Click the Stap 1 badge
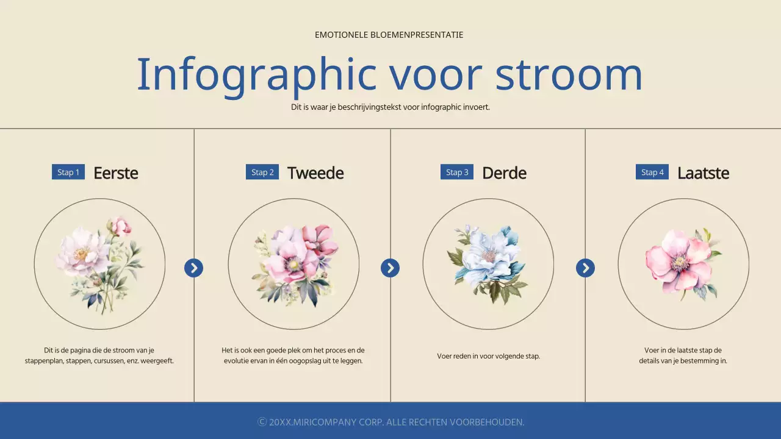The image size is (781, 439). [x=68, y=172]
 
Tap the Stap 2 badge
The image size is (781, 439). [x=262, y=172]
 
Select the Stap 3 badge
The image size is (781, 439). [x=457, y=172]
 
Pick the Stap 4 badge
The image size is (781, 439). [x=652, y=172]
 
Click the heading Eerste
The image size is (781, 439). [x=116, y=173]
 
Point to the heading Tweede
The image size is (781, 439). [x=315, y=173]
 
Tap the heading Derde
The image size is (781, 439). [x=504, y=173]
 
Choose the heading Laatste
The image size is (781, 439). [x=703, y=173]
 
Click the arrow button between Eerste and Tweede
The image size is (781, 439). [x=193, y=268]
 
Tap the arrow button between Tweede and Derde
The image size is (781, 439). [x=390, y=268]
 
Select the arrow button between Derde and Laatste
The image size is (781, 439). [x=585, y=268]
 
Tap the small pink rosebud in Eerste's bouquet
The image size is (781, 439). [x=121, y=226]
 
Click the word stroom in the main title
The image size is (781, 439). [x=569, y=74]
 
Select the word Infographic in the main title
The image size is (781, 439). [x=256, y=74]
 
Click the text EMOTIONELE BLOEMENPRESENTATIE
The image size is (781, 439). [x=389, y=35]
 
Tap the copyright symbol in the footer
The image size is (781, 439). [x=262, y=422]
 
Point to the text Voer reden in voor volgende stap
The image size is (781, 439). [x=488, y=356]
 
